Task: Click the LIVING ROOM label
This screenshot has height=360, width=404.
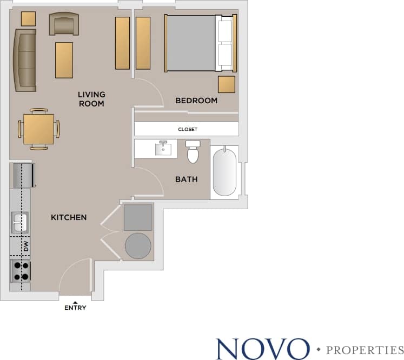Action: tap(91, 99)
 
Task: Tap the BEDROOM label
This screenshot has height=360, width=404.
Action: tap(196, 101)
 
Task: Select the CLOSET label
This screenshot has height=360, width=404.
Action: tap(187, 130)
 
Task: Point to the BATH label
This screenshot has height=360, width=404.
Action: tap(186, 179)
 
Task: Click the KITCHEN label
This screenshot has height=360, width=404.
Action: tap(69, 217)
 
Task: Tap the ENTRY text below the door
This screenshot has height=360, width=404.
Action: tap(75, 308)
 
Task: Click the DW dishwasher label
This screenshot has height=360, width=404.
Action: tap(25, 246)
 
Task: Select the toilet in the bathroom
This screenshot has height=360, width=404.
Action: tap(193, 152)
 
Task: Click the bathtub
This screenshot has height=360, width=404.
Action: tap(224, 172)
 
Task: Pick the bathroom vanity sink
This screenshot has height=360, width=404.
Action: tap(163, 148)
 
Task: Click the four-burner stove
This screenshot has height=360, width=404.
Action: tap(21, 271)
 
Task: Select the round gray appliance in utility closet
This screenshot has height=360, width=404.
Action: tap(138, 245)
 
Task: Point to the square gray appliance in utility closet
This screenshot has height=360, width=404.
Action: tap(138, 217)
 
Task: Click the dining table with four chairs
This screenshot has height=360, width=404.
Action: tap(38, 129)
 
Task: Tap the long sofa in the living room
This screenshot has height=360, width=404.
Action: tap(25, 60)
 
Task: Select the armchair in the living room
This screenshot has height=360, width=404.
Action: tap(64, 24)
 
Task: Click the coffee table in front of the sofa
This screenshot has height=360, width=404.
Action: tap(64, 59)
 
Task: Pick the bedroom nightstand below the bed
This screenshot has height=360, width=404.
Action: tap(227, 84)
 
